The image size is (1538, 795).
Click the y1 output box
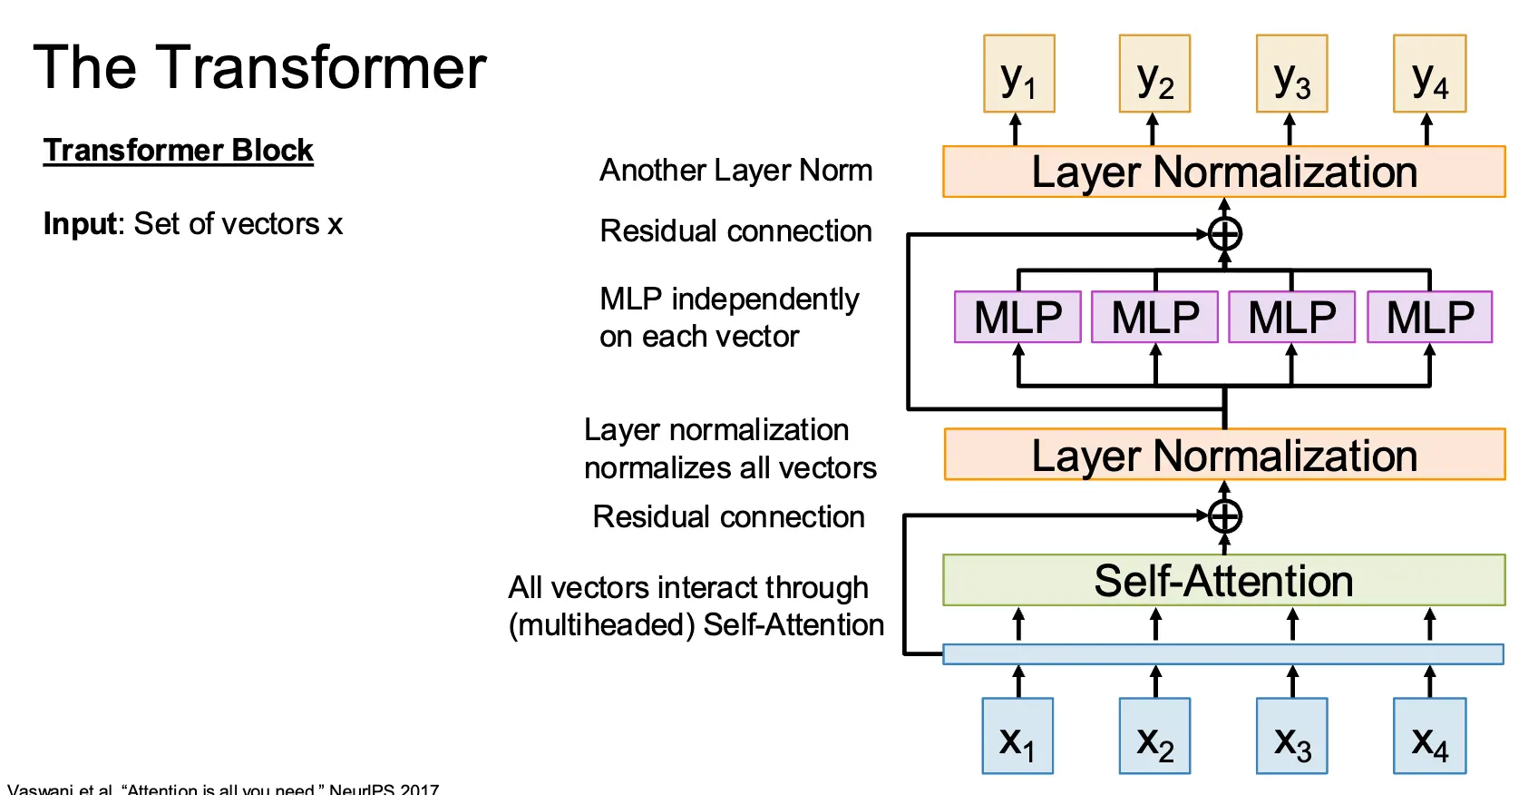[1019, 74]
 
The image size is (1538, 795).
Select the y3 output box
[1292, 74]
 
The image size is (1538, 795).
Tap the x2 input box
[1154, 736]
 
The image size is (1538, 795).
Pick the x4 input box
[1430, 736]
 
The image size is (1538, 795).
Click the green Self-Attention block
[1223, 580]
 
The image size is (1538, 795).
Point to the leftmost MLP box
[1017, 317]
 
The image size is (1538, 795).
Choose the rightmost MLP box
[1430, 317]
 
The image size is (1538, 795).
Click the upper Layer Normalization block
[1223, 172]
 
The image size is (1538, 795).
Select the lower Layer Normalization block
[1223, 455]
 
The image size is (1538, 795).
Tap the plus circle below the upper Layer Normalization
[1225, 234]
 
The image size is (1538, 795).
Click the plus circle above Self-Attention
[1225, 516]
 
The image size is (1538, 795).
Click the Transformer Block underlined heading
[178, 150]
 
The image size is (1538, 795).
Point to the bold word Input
[80, 223]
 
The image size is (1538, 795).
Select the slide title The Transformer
[260, 67]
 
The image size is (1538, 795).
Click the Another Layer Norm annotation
[735, 170]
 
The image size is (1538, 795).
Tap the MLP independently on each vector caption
[729, 318]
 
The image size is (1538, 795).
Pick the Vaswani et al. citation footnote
[223, 789]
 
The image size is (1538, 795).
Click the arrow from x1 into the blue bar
[1018, 682]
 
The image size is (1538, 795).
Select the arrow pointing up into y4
[1427, 129]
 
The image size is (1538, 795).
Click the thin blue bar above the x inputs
[1223, 654]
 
